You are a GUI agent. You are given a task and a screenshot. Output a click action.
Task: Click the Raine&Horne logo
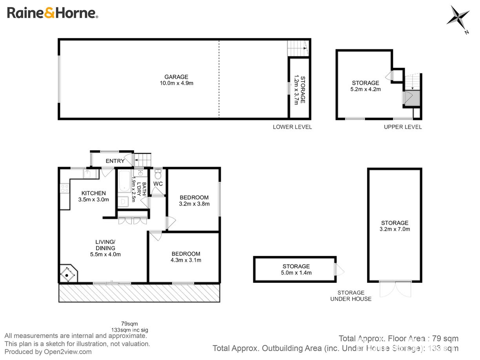53,13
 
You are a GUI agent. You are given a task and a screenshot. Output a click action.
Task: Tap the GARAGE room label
176,77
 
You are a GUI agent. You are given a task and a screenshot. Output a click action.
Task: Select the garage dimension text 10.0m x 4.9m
176,83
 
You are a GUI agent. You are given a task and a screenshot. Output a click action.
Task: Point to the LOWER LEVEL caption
292,127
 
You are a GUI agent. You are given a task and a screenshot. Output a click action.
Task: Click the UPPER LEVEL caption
403,127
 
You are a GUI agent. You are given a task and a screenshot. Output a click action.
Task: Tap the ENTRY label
115,161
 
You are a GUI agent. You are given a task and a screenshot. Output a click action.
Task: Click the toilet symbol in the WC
158,174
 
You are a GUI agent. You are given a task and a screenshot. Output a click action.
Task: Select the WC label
158,184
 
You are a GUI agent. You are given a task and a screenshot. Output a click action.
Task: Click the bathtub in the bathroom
124,181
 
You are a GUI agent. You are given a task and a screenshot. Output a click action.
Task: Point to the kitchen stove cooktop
65,188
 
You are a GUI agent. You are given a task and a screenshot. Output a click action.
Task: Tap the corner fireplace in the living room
69,274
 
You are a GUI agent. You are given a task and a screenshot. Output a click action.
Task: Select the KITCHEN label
94,193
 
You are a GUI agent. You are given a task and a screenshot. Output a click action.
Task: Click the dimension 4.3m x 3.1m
186,260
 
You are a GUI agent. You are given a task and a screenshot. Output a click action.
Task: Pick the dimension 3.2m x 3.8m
194,204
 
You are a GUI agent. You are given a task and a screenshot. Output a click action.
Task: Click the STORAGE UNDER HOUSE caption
351,296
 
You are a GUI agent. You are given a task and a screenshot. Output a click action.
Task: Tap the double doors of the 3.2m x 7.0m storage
395,289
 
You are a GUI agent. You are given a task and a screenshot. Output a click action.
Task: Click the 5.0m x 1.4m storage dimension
296,273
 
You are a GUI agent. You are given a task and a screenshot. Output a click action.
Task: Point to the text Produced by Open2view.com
48,352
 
